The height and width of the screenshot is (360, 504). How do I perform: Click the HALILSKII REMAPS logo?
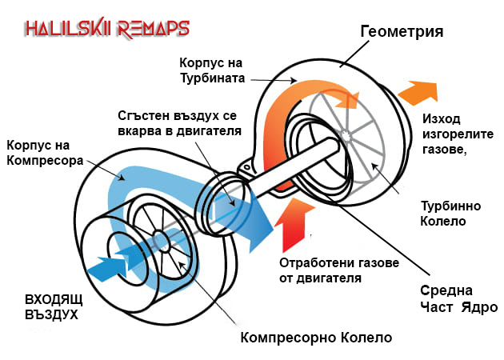pos(106,30)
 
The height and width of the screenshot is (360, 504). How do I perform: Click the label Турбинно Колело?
pos(443,213)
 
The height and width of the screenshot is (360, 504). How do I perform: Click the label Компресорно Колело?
pos(317,337)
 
